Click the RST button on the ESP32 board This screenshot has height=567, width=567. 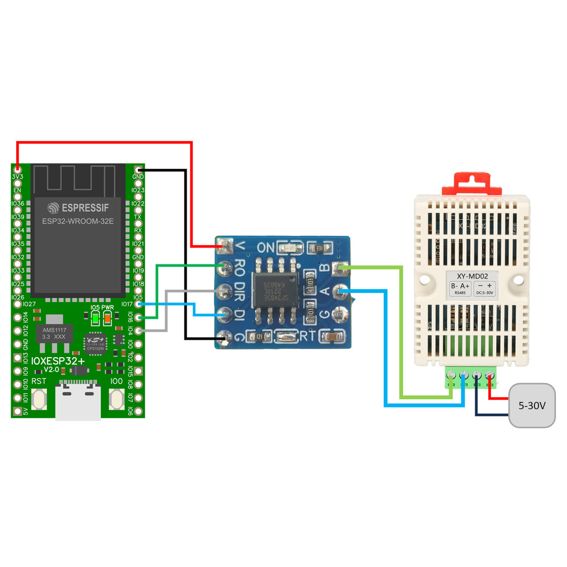[x=39, y=399]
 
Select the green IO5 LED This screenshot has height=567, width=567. [x=95, y=318]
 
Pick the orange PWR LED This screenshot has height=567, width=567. [x=107, y=318]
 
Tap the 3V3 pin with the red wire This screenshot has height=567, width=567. [x=18, y=168]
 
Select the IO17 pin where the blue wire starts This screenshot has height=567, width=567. [x=138, y=304]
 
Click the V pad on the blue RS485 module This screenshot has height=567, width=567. [x=225, y=244]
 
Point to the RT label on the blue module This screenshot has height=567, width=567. [x=306, y=336]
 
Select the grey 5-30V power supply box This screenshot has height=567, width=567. [x=532, y=405]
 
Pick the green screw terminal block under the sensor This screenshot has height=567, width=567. [x=470, y=379]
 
